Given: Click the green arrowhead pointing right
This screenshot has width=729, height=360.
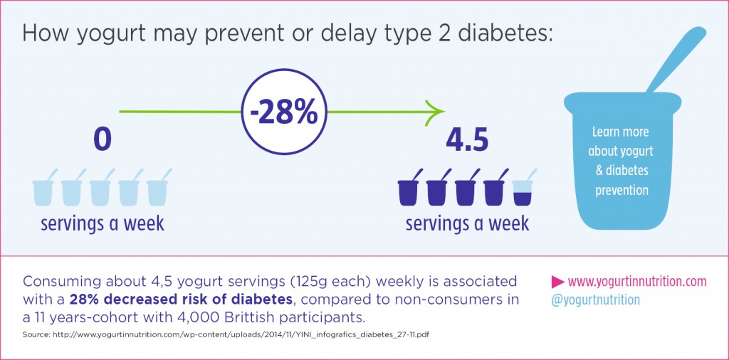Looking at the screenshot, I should coord(435,112).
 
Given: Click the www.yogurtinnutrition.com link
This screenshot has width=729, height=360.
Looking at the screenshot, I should coord(636,281).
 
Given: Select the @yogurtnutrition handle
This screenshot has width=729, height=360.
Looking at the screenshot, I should coord(596,300).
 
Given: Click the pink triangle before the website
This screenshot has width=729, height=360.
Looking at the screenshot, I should coord(558,281).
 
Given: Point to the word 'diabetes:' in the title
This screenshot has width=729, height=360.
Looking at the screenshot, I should coord(495,34).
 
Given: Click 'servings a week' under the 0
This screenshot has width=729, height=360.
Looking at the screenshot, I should coord(103,223).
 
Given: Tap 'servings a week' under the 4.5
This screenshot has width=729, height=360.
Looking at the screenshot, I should coord(467,223).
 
